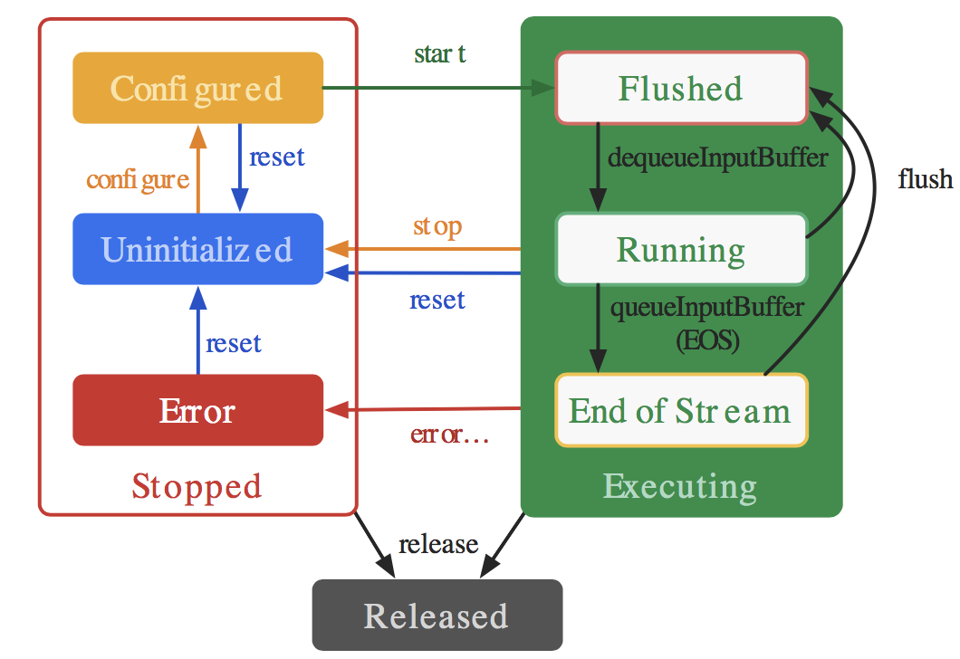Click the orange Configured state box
point(197,88)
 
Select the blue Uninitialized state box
point(197,249)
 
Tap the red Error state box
point(197,410)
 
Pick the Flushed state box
point(681,88)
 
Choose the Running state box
point(681,249)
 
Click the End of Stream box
point(681,410)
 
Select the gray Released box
point(437,615)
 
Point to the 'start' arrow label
point(439,53)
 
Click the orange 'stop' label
point(437,226)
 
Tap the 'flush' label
point(925,179)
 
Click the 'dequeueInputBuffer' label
point(717,158)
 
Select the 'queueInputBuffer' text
point(707,307)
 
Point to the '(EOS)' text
point(707,340)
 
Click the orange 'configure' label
point(138,180)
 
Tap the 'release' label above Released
point(438,544)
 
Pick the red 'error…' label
point(449,434)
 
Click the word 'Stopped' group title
point(197,487)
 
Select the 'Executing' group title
point(680,487)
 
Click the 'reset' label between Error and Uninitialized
point(234,343)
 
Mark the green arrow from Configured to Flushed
point(439,88)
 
